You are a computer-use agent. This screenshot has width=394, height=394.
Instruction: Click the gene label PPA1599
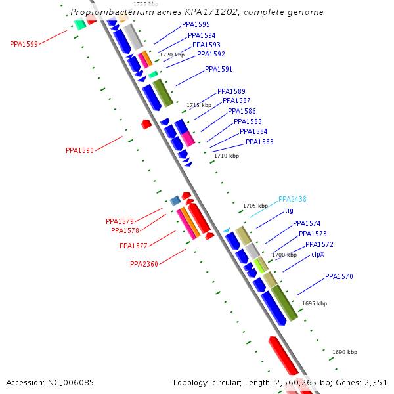24,44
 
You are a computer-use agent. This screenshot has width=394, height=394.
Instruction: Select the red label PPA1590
79,150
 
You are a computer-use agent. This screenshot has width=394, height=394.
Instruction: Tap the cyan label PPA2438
292,199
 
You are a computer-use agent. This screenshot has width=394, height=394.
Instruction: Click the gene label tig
289,211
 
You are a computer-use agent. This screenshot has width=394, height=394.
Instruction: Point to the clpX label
317,254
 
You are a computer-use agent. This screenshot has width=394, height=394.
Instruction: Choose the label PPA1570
339,277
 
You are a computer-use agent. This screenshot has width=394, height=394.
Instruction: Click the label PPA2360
144,265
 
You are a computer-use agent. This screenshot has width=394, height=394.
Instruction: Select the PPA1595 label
196,24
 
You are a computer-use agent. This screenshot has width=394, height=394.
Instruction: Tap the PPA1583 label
259,142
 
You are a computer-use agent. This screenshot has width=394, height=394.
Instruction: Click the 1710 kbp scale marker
227,156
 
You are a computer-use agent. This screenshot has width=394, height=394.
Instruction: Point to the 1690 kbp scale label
345,352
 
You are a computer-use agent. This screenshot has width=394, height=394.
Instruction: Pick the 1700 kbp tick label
284,255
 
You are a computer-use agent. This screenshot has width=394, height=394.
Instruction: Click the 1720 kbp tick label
172,55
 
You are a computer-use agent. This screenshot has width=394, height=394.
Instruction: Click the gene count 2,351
374,382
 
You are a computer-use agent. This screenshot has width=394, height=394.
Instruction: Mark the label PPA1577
133,246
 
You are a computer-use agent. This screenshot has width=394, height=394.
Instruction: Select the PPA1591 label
219,69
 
